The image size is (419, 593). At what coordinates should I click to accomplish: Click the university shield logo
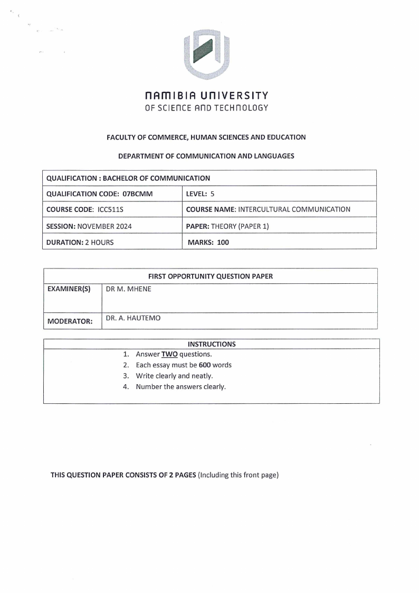pyautogui.click(x=206, y=54)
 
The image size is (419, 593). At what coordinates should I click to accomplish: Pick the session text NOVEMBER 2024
pyautogui.click(x=104, y=226)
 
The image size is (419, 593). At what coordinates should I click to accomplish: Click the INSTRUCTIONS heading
pyautogui.click(x=212, y=344)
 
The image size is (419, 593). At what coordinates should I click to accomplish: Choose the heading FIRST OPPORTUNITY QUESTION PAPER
pyautogui.click(x=211, y=276)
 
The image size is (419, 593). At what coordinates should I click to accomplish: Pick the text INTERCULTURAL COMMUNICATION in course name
pyautogui.click(x=294, y=209)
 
